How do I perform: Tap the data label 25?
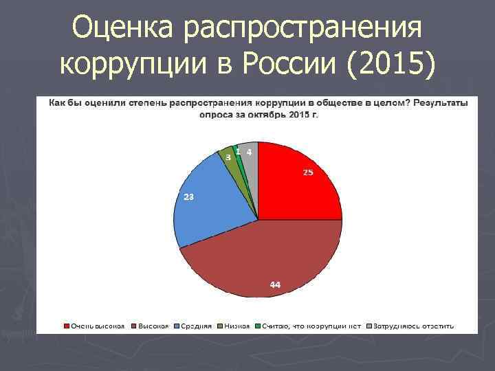click(308, 172)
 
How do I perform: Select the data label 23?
click(188, 196)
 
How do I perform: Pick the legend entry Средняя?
click(197, 325)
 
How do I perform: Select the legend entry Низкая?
click(234, 325)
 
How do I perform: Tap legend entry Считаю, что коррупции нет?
click(313, 325)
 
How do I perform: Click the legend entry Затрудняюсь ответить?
click(417, 325)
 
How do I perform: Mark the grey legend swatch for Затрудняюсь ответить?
click(369, 325)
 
